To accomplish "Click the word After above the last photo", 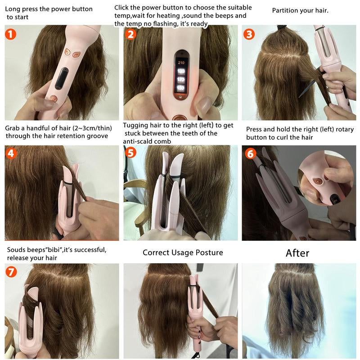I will pyautogui.click(x=297, y=253).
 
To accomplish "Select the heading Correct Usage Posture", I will pyautogui.click(x=183, y=252).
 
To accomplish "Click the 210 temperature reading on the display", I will pyautogui.click(x=181, y=63).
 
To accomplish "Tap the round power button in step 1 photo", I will pyautogui.click(x=54, y=96).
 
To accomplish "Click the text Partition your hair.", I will pyautogui.click(x=300, y=10).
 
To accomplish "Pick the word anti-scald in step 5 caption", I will pyautogui.click(x=140, y=141).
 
